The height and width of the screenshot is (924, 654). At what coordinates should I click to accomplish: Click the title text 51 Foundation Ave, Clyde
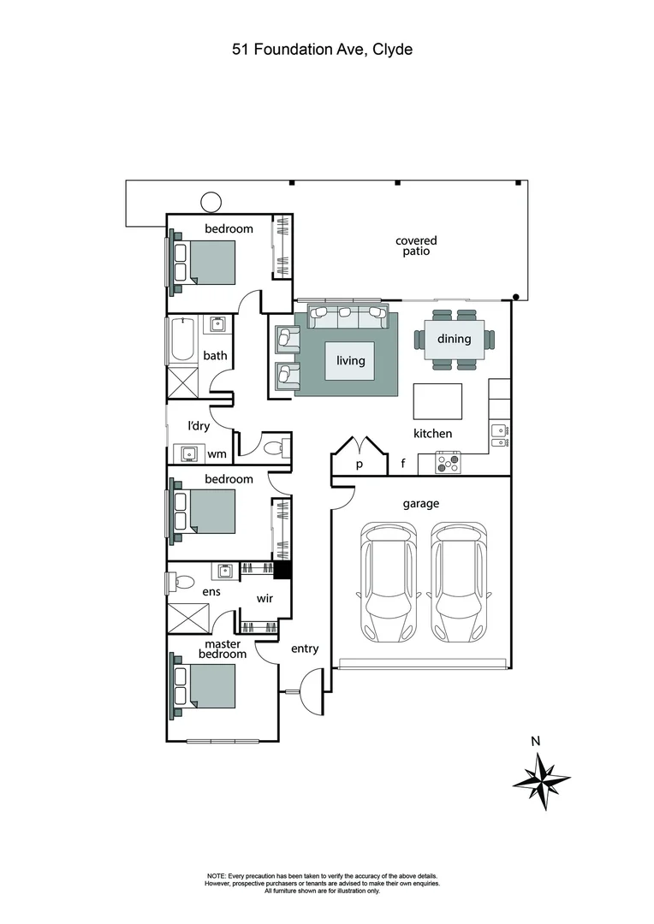pyautogui.click(x=322, y=50)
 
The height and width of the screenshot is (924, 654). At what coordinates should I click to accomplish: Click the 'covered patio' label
pyautogui.click(x=416, y=246)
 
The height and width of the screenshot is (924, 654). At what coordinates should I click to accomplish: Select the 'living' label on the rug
pyautogui.click(x=350, y=360)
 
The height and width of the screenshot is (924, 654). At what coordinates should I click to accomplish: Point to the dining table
pyautogui.click(x=454, y=340)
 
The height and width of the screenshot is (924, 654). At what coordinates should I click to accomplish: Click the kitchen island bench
pyautogui.click(x=437, y=400)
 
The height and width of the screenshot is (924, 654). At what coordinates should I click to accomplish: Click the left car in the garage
pyautogui.click(x=386, y=583)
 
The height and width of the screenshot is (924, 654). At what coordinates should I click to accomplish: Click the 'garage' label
pyautogui.click(x=421, y=504)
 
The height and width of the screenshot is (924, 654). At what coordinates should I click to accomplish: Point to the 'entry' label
pyautogui.click(x=305, y=649)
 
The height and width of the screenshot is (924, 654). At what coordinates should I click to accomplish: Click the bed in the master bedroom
pyautogui.click(x=209, y=690)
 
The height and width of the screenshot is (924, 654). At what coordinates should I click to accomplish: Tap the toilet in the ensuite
pyautogui.click(x=175, y=583)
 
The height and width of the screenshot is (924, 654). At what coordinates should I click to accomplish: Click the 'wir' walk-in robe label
pyautogui.click(x=265, y=598)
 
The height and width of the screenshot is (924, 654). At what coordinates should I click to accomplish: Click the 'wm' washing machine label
pyautogui.click(x=217, y=454)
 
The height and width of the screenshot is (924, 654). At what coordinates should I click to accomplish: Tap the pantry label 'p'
pyautogui.click(x=360, y=465)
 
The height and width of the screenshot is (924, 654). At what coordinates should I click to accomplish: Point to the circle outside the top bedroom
pyautogui.click(x=210, y=202)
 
